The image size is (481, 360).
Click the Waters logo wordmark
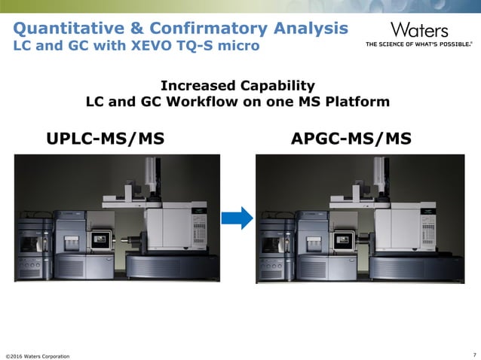click(x=418, y=30)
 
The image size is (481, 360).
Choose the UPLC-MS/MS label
click(x=105, y=139)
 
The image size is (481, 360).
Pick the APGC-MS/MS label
click(x=351, y=139)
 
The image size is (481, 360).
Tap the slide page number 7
click(x=473, y=354)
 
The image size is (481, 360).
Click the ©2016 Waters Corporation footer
click(x=38, y=355)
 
